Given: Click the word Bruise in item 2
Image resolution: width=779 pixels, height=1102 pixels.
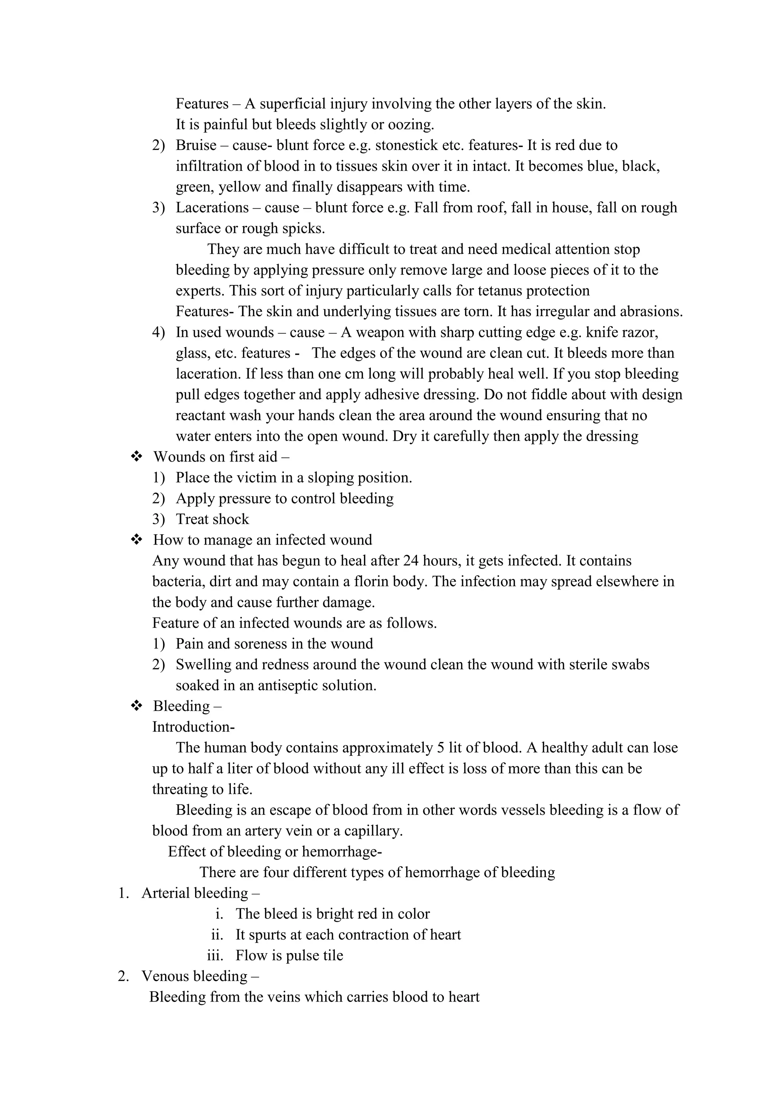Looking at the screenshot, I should [196, 145].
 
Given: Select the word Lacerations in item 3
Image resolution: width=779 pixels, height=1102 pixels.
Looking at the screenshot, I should [212, 208].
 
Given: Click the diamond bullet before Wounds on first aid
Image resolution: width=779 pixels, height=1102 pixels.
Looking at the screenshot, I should [137, 457].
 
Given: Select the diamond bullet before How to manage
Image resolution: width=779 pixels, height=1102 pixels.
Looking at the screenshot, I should [137, 540].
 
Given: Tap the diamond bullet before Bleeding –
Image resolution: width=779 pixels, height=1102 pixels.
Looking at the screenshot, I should [137, 706].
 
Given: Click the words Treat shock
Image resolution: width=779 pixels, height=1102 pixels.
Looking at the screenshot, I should [212, 519].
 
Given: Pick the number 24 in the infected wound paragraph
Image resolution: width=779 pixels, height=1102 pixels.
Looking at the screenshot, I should [411, 561].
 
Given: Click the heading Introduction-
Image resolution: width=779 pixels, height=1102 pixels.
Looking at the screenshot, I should [193, 727].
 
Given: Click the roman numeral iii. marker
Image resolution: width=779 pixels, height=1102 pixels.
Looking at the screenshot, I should [215, 955].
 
